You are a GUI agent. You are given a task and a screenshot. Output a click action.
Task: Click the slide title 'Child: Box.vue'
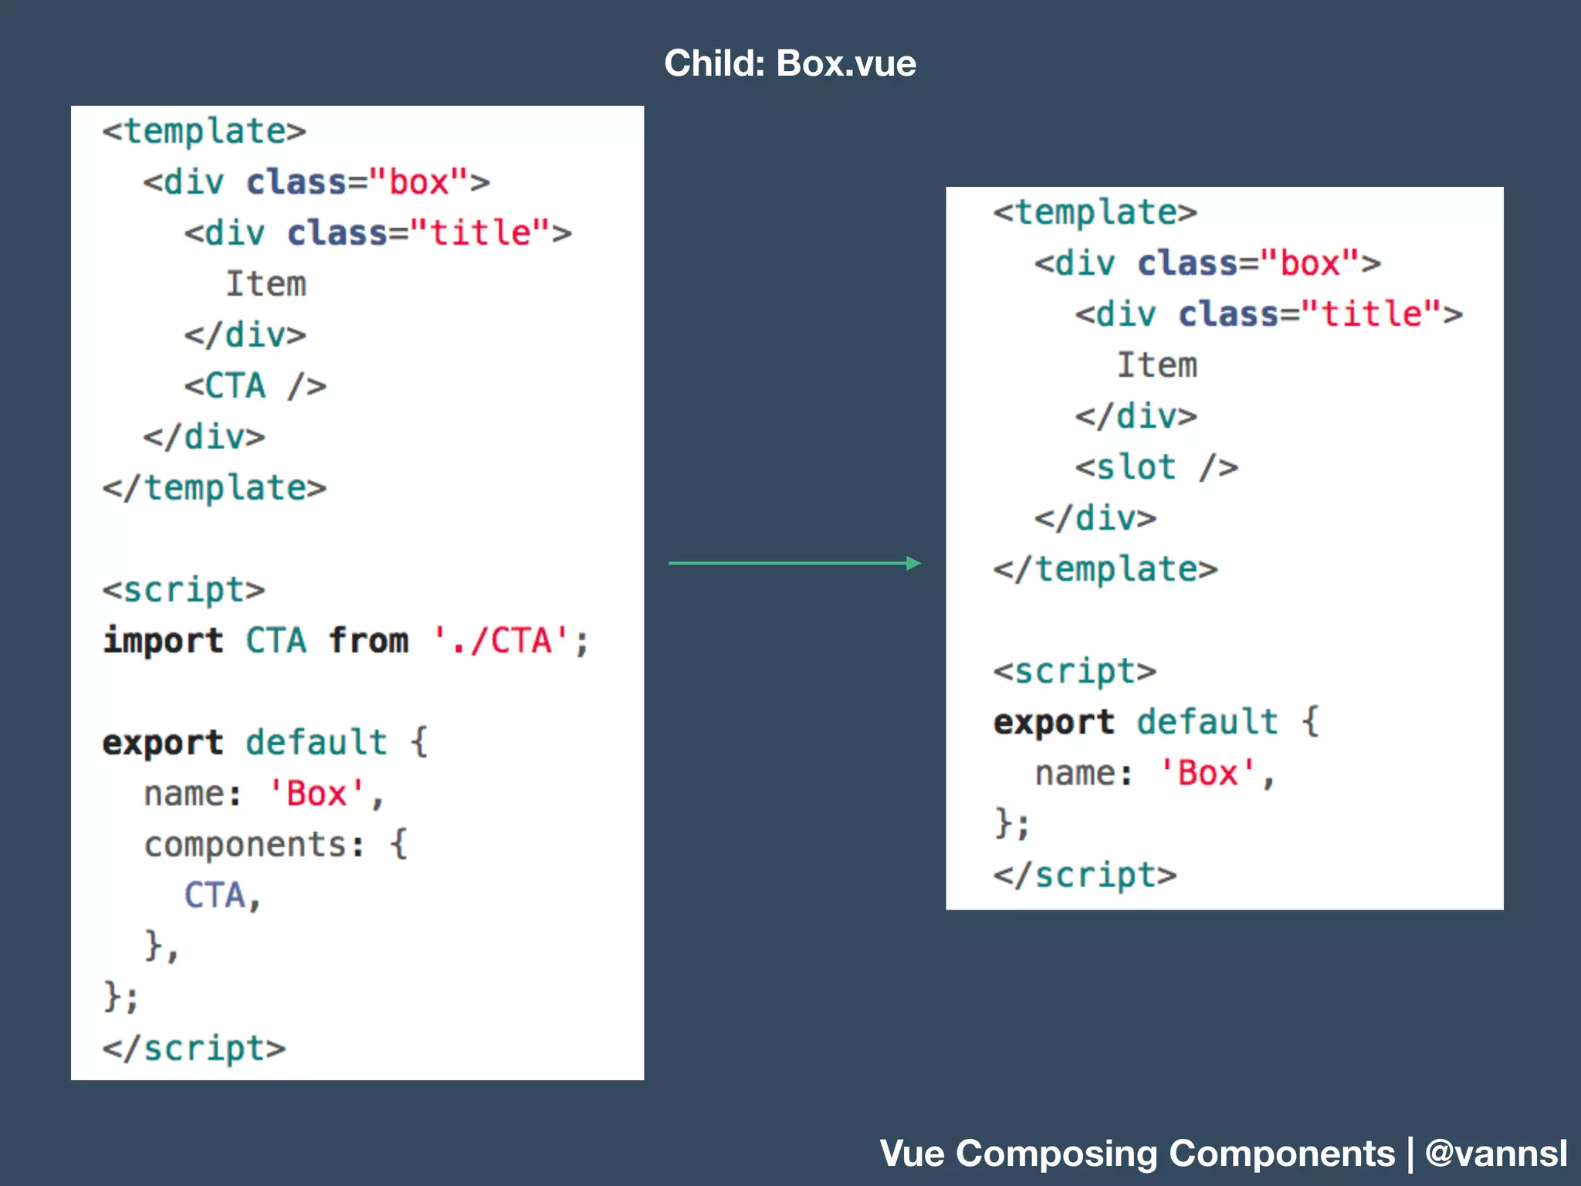coord(790,63)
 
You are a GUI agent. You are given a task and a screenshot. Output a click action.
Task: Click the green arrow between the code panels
coord(794,563)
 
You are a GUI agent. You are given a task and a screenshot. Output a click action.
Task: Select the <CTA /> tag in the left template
coord(255,385)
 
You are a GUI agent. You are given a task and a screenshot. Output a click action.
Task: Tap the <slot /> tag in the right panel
coord(1156,467)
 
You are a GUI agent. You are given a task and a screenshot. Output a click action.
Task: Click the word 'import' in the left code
coord(163,641)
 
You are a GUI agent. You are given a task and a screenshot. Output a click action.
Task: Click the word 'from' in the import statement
coord(368,641)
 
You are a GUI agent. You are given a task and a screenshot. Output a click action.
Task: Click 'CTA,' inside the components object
coord(222,896)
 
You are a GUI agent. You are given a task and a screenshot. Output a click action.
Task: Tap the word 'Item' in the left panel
coord(266,284)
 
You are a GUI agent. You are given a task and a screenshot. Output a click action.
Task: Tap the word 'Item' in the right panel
coord(1157,365)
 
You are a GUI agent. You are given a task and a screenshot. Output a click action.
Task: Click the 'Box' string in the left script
coord(317,794)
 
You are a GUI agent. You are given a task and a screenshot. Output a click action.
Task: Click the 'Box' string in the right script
coord(1207,773)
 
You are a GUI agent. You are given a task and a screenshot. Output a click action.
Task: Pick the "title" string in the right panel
coord(1371,314)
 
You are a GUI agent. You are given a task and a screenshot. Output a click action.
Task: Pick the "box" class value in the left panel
coord(418,182)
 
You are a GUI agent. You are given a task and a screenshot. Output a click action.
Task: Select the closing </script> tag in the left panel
coord(194,1049)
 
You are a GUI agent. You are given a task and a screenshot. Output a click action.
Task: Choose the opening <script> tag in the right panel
coord(1075,671)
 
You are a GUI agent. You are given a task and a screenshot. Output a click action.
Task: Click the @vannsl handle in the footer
coord(1496,1154)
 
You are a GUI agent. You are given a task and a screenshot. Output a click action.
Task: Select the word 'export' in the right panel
coord(1054,722)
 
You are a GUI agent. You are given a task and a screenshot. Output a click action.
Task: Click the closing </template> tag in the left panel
coord(215,488)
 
